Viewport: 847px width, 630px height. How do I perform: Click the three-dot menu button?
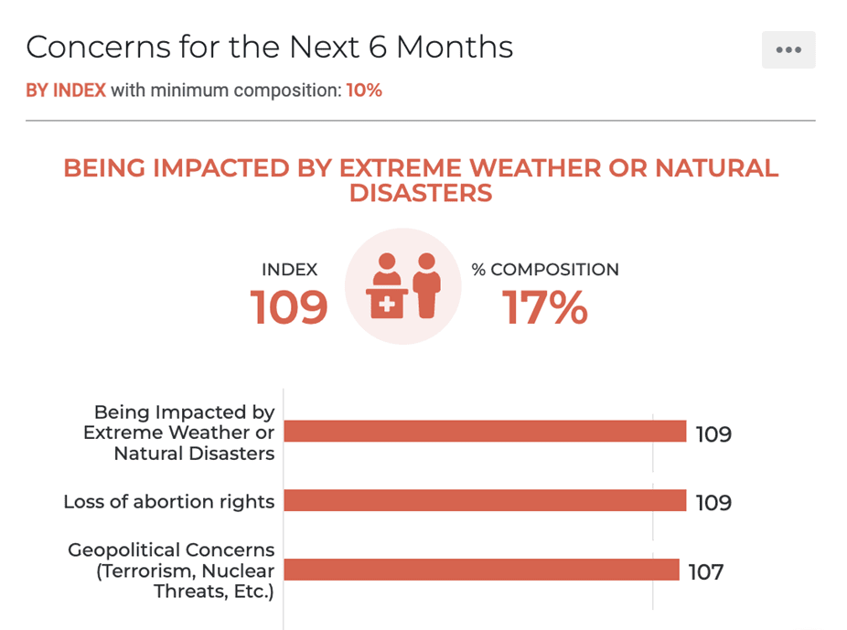click(788, 49)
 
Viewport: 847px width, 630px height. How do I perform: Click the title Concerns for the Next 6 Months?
click(269, 47)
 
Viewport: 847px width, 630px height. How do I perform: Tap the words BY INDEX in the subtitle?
click(66, 91)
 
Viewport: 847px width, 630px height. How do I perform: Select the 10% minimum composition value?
click(364, 91)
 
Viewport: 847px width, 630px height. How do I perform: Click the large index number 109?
click(289, 307)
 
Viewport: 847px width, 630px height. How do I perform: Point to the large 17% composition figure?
click(544, 307)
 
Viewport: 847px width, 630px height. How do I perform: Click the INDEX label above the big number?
click(290, 270)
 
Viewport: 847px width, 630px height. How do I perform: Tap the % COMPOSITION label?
click(545, 270)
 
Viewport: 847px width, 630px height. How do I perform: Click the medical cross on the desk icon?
click(387, 305)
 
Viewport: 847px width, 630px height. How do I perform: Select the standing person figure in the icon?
click(427, 285)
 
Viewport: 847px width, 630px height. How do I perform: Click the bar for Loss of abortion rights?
click(485, 500)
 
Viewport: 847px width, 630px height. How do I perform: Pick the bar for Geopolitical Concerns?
click(481, 570)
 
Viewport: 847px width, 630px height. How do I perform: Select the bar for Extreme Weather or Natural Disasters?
click(485, 432)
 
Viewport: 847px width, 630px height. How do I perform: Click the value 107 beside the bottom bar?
click(706, 571)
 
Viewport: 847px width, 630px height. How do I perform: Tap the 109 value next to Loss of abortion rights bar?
click(713, 503)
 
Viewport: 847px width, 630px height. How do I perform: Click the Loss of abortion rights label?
click(169, 501)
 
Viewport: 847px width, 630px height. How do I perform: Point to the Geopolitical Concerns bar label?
click(172, 571)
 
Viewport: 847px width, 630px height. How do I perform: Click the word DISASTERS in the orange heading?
click(421, 193)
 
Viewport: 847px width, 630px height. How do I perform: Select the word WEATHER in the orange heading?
click(535, 168)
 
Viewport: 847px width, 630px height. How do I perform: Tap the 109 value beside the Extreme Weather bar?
click(713, 433)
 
